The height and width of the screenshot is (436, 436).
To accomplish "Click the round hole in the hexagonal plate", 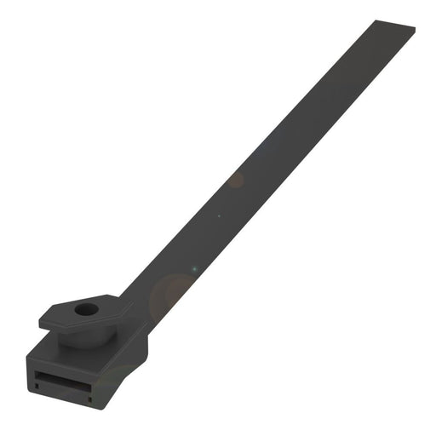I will (85, 309).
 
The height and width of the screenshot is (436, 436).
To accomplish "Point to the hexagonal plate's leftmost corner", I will (40, 323).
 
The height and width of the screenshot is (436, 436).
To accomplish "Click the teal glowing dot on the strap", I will (193, 270).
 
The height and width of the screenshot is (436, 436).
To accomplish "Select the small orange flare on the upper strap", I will (236, 181).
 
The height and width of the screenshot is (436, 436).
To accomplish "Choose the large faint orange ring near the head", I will (170, 294).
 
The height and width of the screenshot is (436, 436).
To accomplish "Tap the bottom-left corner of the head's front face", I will (30, 392).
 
